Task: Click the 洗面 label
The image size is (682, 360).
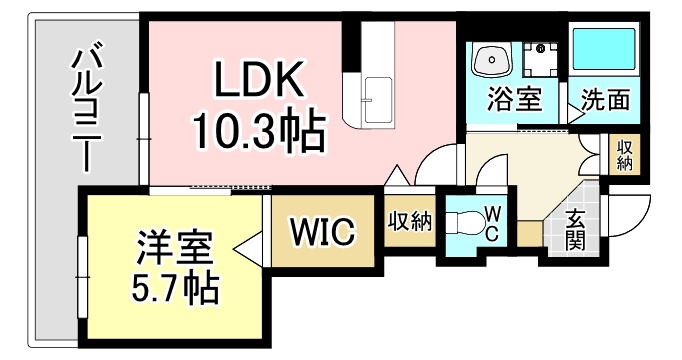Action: (606, 100)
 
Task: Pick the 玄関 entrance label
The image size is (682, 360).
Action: (576, 229)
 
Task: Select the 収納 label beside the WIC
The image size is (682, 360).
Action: (409, 220)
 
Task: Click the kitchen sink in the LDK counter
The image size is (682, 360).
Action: (379, 95)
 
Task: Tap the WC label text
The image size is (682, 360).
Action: (493, 222)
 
